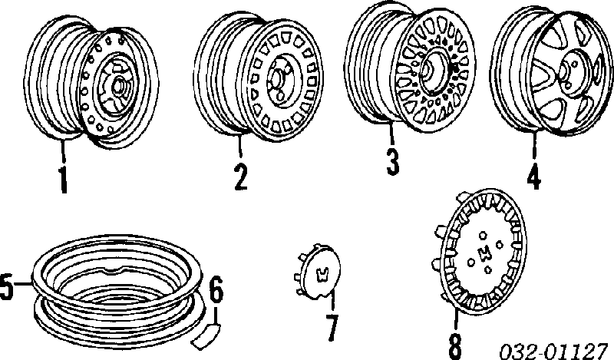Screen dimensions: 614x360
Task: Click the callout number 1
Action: click(x=63, y=180)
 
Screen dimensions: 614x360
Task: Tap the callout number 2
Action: click(x=240, y=177)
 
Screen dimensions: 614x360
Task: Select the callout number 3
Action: click(x=392, y=162)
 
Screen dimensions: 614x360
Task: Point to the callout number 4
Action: click(x=534, y=175)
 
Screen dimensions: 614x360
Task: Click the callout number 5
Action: click(x=7, y=288)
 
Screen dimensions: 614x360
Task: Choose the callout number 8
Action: click(x=454, y=346)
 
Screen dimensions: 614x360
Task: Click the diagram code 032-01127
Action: click(x=553, y=351)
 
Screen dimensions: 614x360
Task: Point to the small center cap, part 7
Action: click(x=318, y=272)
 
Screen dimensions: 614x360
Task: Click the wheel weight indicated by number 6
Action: click(x=206, y=334)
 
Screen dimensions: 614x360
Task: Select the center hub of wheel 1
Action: click(x=118, y=86)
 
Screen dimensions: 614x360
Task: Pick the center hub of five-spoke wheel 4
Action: click(x=566, y=72)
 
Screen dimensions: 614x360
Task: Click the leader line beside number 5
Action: click(x=23, y=282)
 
